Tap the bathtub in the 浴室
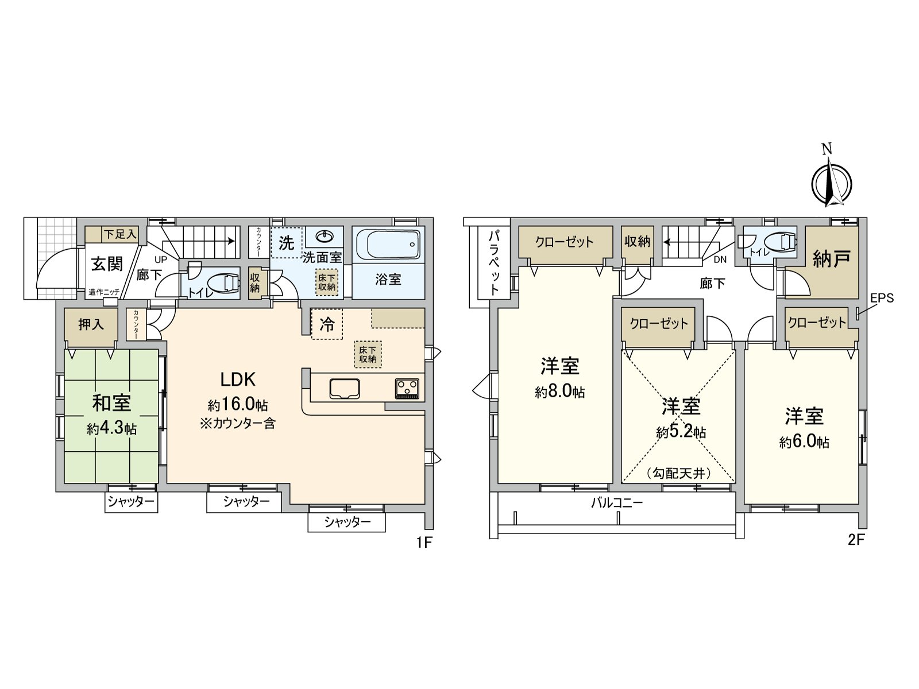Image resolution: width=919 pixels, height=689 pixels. [x=388, y=245]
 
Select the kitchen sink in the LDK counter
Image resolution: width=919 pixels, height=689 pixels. [x=345, y=388]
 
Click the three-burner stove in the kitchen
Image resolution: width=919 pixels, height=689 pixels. [x=407, y=389]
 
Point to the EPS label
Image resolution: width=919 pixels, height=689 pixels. [x=882, y=298]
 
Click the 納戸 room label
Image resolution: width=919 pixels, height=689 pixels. [x=831, y=260]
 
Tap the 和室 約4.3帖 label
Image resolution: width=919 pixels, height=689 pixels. [x=111, y=414]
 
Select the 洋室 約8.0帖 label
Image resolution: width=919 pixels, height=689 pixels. [x=559, y=377]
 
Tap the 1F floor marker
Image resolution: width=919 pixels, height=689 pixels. [x=423, y=542]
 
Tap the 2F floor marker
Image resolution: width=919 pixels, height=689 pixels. [x=855, y=540]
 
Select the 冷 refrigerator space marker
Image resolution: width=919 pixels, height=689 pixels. [x=327, y=324]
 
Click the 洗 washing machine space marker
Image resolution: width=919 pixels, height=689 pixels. [x=286, y=243]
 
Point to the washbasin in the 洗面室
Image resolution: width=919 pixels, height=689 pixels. [x=325, y=236]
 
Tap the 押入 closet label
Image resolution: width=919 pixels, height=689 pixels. [x=91, y=324]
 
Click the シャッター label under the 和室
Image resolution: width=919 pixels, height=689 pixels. [x=132, y=502]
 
